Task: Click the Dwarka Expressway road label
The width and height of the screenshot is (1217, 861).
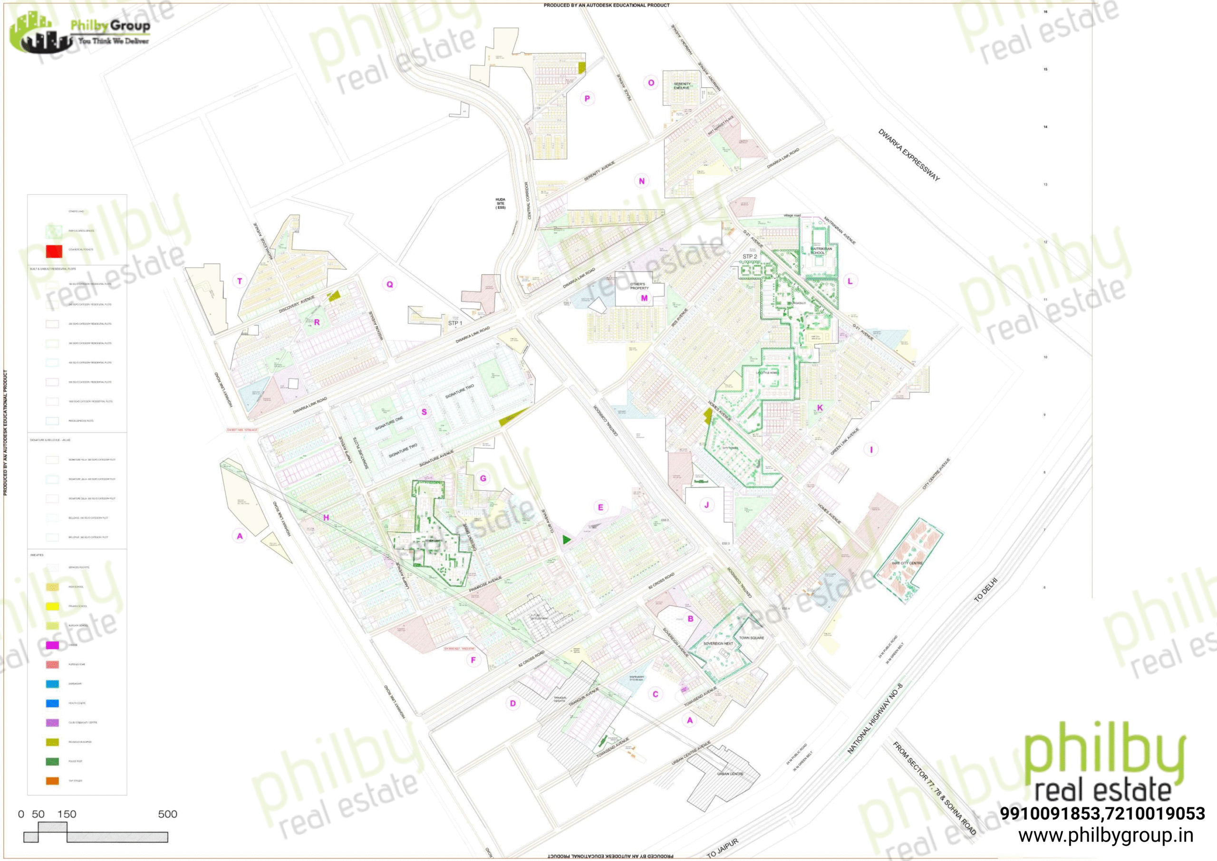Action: (908, 155)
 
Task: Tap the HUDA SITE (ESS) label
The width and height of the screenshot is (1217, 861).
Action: (501, 203)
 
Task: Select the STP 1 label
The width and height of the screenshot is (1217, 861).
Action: (455, 323)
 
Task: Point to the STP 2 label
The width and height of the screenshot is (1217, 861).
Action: (750, 257)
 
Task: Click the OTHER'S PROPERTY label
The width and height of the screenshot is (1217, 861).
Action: (639, 286)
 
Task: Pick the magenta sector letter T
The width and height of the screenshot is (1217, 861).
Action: (240, 281)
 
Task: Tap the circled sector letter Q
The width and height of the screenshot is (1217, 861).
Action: (390, 284)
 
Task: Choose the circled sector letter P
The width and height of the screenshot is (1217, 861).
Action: (587, 98)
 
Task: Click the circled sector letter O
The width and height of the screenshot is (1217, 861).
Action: (651, 83)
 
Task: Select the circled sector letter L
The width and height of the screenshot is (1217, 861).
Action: (850, 281)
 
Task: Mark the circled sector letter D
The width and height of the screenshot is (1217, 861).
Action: (512, 703)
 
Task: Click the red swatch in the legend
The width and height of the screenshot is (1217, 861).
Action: (54, 250)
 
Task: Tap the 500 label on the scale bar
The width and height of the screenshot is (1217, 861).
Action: (167, 814)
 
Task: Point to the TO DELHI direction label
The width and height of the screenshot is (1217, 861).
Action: (986, 589)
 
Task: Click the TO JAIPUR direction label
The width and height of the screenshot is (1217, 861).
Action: (722, 848)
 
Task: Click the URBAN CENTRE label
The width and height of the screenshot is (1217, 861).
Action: (730, 774)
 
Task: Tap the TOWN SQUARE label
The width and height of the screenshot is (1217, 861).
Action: (752, 638)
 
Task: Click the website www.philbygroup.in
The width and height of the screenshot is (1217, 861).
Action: (1106, 835)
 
